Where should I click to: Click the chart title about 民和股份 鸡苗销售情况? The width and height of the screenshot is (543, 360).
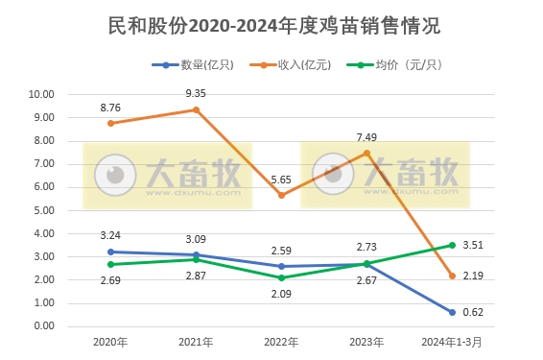(x=271, y=28)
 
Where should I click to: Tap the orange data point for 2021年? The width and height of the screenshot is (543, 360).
(x=197, y=109)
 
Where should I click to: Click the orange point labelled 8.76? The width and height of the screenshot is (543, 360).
(x=111, y=123)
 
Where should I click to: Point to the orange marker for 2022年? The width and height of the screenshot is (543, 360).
(x=281, y=195)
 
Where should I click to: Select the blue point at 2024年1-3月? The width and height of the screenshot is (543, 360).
(x=451, y=312)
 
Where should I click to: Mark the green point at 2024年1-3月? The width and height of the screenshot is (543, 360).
(x=451, y=245)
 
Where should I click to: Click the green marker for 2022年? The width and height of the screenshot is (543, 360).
(x=281, y=277)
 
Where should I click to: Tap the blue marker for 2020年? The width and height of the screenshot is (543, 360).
(x=111, y=252)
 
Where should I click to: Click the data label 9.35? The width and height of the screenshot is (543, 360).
(x=197, y=94)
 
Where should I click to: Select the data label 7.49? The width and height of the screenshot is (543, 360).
(x=366, y=137)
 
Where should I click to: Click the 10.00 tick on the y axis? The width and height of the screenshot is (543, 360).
(x=41, y=95)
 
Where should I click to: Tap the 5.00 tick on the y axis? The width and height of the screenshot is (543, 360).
(x=43, y=210)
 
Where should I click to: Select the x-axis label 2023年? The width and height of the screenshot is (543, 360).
(x=366, y=342)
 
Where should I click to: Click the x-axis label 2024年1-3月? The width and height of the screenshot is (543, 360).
(x=451, y=342)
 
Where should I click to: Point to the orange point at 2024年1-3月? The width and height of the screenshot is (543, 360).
(x=451, y=276)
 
